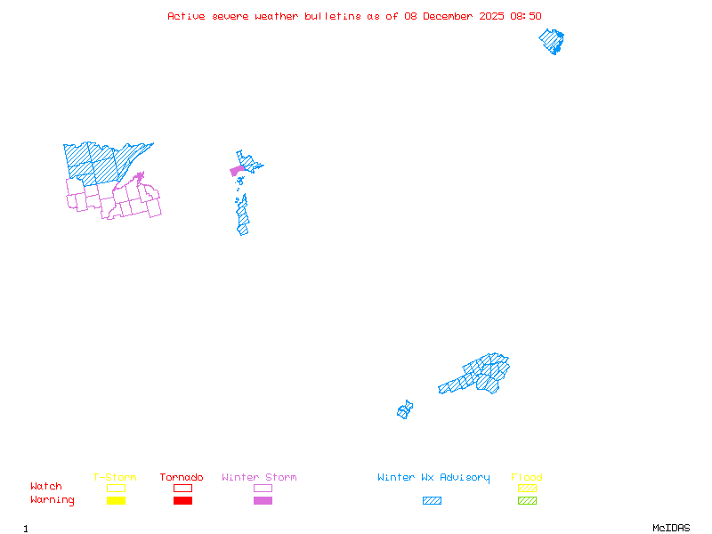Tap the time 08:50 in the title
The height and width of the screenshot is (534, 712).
(525, 16)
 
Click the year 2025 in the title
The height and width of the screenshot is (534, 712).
(492, 16)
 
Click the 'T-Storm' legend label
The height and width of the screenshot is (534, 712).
(115, 478)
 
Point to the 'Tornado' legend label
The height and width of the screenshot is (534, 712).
(182, 478)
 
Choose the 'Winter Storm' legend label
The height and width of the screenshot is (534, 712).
(259, 478)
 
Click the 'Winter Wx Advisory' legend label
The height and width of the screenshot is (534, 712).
(433, 478)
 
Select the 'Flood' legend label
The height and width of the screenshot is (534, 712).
(527, 478)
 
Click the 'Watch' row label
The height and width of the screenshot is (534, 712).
(46, 487)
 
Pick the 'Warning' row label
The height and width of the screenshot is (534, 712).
(52, 500)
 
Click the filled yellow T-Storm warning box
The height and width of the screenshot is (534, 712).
(116, 501)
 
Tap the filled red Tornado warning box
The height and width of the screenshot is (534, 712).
(182, 501)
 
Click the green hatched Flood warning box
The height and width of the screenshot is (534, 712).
(527, 501)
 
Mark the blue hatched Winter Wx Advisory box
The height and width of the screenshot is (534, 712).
(432, 501)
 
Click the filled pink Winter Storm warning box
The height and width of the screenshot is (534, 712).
(263, 501)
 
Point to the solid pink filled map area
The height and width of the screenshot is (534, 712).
(237, 170)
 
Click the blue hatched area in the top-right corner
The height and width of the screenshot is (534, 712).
(553, 41)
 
